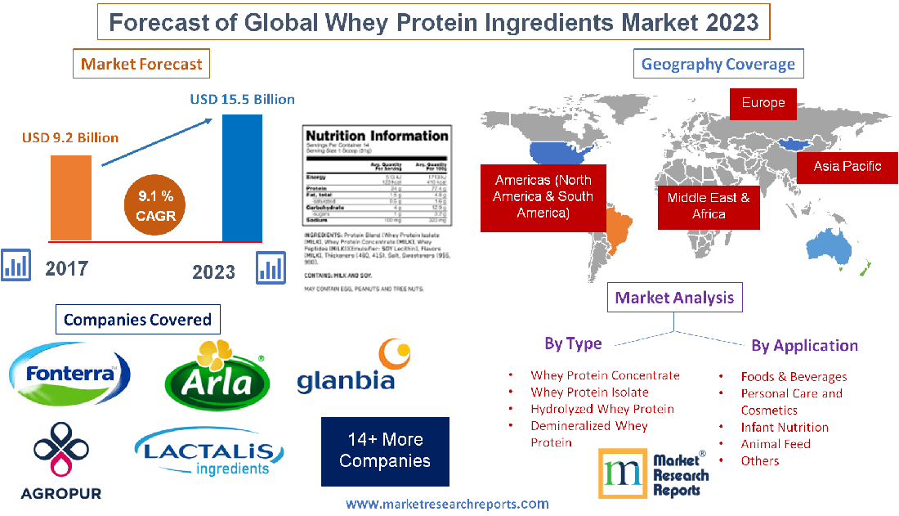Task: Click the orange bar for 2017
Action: [x=70, y=198]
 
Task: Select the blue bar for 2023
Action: [x=242, y=177]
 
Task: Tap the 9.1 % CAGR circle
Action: [x=155, y=206]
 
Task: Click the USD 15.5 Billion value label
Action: [x=243, y=99]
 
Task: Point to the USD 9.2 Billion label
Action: [x=70, y=137]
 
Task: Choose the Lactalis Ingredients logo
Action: [x=208, y=455]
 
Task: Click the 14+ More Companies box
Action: [x=385, y=451]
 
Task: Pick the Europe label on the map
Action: [x=763, y=103]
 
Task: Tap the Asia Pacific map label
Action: [x=847, y=166]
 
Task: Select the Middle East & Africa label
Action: [x=709, y=206]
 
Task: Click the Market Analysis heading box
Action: [x=675, y=298]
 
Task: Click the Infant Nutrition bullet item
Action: [x=785, y=427]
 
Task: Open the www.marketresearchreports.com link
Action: [x=447, y=504]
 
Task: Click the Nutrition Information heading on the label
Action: [x=376, y=136]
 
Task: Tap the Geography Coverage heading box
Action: [x=718, y=64]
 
